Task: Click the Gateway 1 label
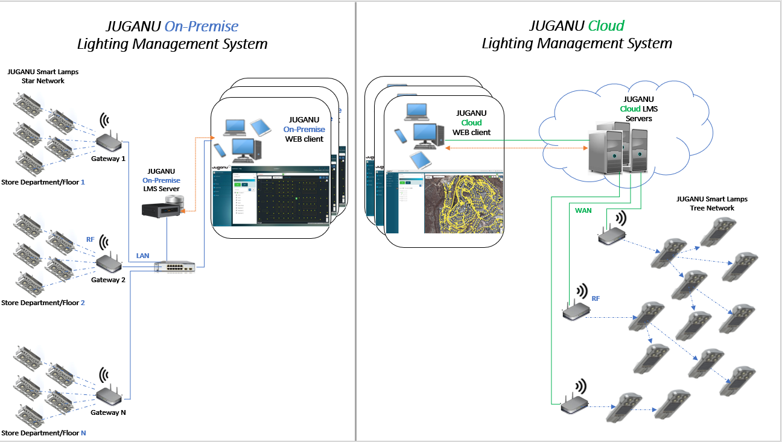(108, 159)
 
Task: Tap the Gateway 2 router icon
(110, 263)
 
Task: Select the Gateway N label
(108, 412)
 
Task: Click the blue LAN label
(142, 256)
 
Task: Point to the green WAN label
(583, 210)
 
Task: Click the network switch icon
(174, 267)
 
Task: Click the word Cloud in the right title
(606, 26)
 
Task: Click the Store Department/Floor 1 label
(43, 182)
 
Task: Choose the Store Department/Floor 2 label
(43, 303)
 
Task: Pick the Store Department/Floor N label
(43, 433)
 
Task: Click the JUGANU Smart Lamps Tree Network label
(705, 203)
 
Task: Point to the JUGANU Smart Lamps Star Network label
(43, 76)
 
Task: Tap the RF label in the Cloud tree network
(596, 298)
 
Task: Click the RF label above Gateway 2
(91, 240)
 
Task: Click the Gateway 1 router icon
(110, 142)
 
